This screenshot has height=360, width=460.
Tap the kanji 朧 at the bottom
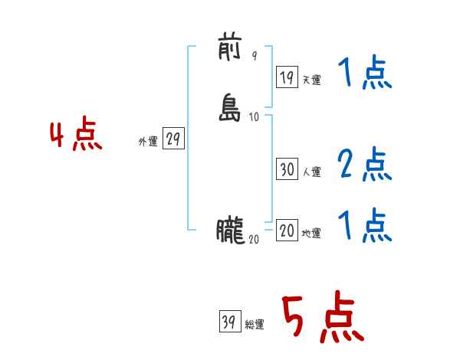[x=230, y=231]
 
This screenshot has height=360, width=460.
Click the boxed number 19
[x=287, y=77]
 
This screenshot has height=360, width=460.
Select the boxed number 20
[x=287, y=231]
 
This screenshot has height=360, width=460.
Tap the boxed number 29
[x=173, y=139]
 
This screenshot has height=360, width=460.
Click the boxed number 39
[x=228, y=322]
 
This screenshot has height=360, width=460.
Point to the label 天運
[x=311, y=79]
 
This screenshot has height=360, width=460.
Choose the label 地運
[x=311, y=234]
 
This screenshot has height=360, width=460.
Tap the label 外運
[x=148, y=142]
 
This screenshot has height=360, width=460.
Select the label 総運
[x=254, y=325]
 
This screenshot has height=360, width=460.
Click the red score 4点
[x=76, y=137]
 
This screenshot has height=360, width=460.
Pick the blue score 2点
[x=364, y=164]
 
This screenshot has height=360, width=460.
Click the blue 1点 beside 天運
[x=364, y=74]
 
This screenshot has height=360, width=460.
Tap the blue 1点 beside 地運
[x=364, y=225]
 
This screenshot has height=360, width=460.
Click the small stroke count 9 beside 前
[x=255, y=56]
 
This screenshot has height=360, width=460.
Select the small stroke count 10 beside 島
[x=255, y=117]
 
